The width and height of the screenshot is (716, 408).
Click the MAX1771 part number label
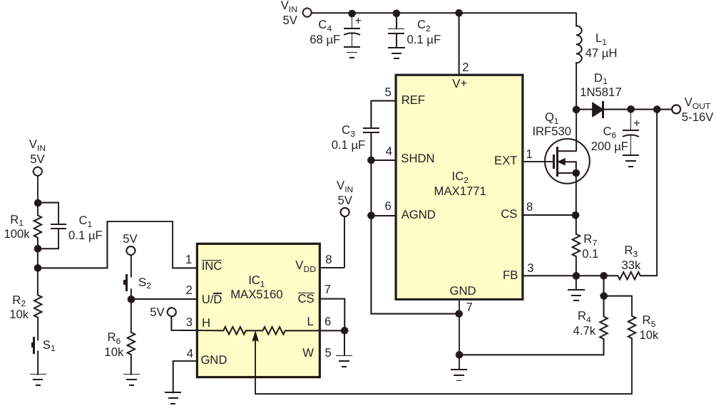[x=460, y=191]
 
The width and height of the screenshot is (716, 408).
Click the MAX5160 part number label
[x=256, y=294]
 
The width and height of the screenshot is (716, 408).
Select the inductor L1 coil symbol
[x=578, y=44]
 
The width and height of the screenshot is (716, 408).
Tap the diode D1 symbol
[x=598, y=110]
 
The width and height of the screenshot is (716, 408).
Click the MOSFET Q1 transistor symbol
[x=567, y=161]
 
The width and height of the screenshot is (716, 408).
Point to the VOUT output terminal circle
[x=676, y=109]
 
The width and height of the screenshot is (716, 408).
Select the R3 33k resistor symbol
[x=630, y=276]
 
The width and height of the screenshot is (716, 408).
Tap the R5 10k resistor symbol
[x=632, y=328]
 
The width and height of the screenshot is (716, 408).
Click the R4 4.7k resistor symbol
[x=603, y=328]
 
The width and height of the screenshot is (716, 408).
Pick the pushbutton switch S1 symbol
[x=35, y=345]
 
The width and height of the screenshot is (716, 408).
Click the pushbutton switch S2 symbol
[x=128, y=283]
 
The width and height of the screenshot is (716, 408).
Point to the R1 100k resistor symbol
[x=38, y=226]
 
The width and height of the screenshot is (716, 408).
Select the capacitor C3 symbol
[x=371, y=130]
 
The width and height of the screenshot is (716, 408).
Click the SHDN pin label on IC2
[x=417, y=159]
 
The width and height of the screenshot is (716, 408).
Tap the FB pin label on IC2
[x=510, y=276]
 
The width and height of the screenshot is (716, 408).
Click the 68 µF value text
[x=324, y=40]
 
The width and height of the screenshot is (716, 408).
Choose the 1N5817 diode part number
[x=600, y=92]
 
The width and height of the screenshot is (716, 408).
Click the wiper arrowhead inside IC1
[x=255, y=336]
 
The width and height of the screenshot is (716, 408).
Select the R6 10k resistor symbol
[x=131, y=345]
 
